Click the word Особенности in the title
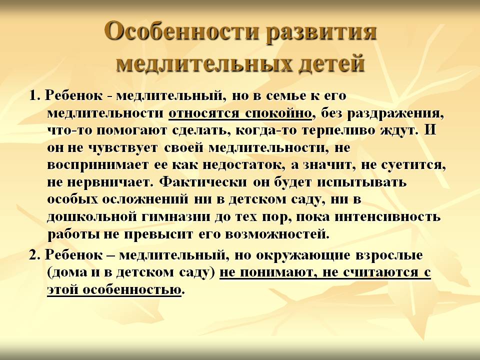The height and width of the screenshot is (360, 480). coord(181,31)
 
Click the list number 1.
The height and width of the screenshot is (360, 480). coord(34,96)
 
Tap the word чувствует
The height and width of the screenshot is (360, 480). coord(123,148)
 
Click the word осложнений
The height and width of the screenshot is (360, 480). coord(145,199)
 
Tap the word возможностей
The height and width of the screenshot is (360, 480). coord(277,234)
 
